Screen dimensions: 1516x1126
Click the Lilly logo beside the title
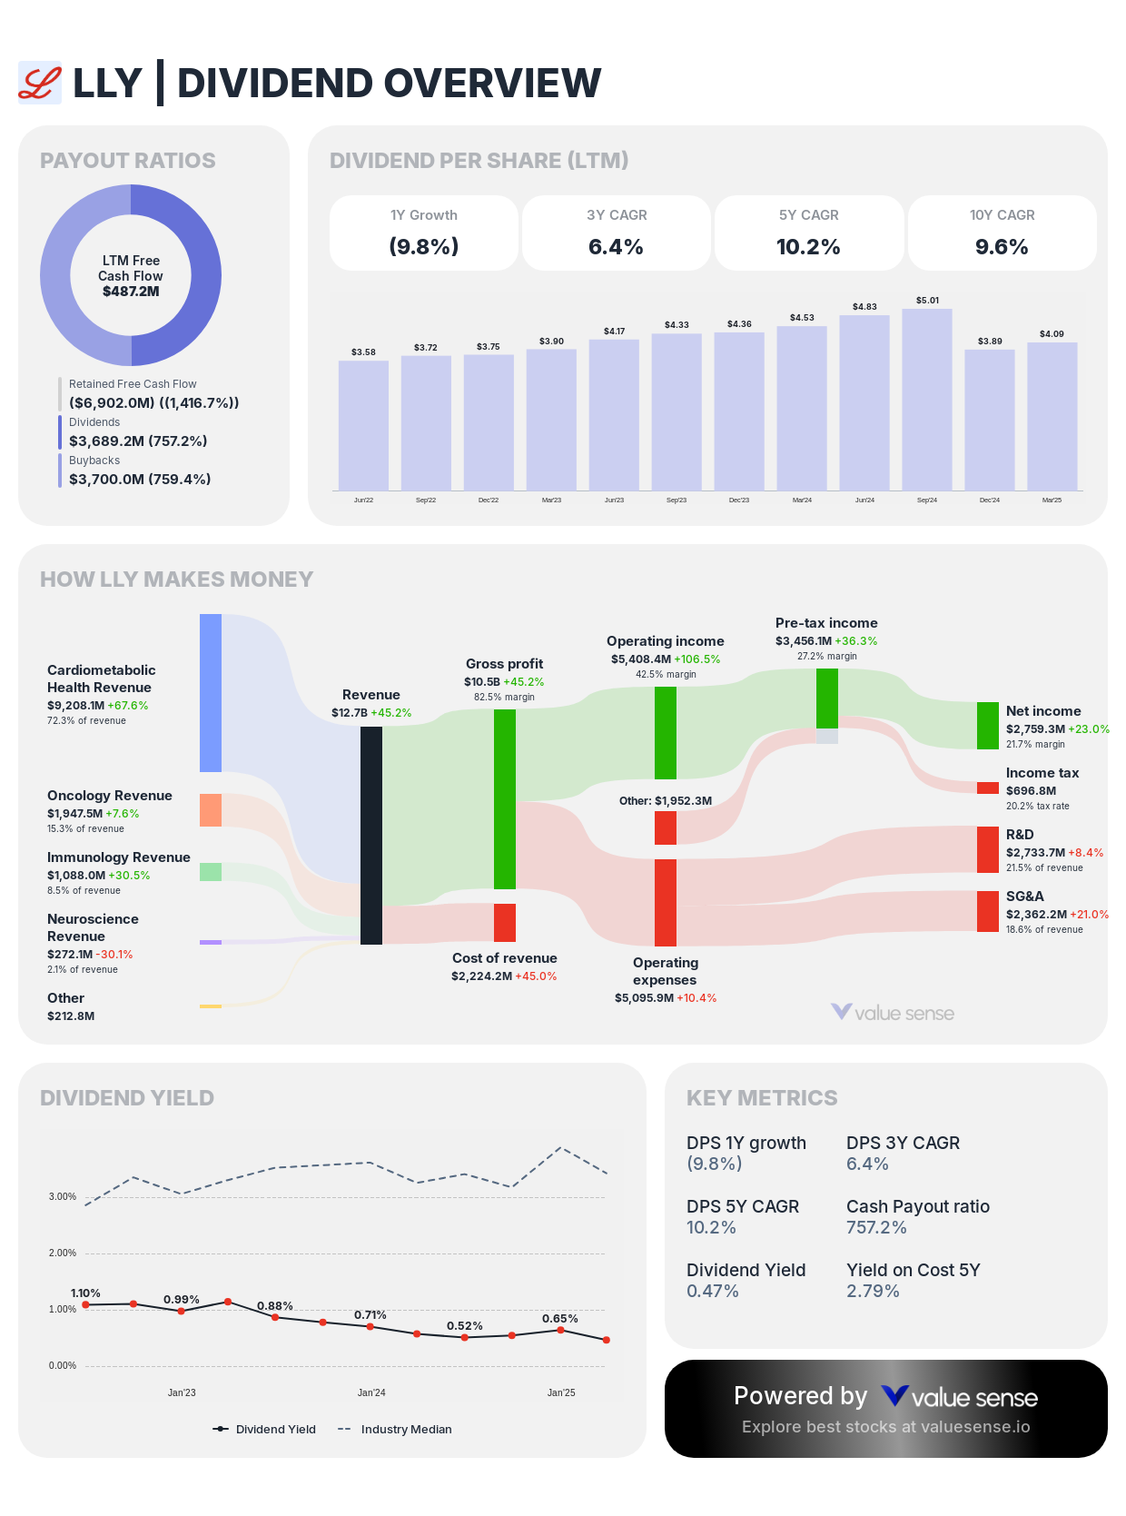(40, 83)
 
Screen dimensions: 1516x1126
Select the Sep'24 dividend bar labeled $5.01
(927, 400)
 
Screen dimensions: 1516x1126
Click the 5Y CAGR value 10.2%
(808, 247)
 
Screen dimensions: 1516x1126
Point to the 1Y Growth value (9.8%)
(423, 247)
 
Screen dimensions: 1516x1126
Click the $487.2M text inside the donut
(131, 292)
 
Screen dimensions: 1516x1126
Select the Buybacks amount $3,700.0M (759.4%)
(140, 479)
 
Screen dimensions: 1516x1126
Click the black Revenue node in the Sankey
(371, 835)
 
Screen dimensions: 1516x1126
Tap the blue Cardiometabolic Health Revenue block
(211, 692)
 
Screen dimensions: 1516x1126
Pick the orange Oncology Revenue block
(211, 809)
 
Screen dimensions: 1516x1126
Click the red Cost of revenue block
(505, 922)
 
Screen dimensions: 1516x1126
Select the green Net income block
(988, 725)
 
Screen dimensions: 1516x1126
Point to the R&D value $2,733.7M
(1035, 852)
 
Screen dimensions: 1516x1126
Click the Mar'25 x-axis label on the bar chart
(1052, 500)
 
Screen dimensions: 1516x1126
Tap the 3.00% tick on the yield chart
(63, 1196)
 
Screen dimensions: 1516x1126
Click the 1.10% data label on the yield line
(85, 1293)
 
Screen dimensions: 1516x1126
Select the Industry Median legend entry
(405, 1429)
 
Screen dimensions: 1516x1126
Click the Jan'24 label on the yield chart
(371, 1392)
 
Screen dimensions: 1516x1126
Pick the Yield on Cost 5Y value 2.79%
(873, 1291)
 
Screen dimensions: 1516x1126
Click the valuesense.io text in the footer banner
(975, 1426)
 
